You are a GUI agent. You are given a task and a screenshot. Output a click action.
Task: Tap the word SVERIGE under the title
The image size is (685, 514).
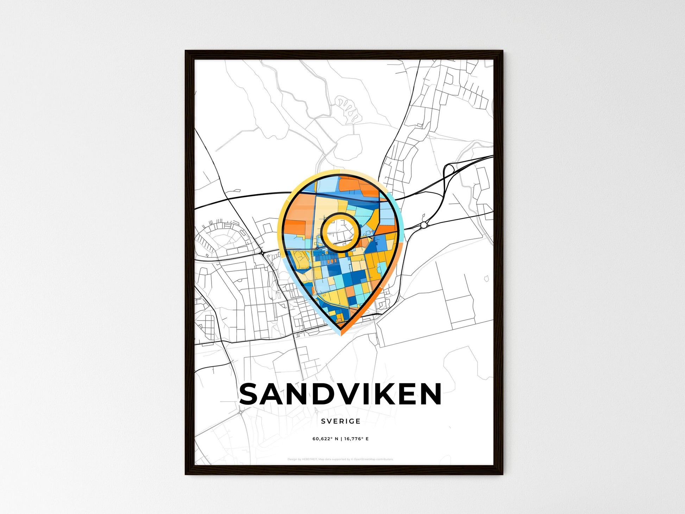tap(340, 421)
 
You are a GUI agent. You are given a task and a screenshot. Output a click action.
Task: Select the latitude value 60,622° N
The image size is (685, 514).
tap(325, 439)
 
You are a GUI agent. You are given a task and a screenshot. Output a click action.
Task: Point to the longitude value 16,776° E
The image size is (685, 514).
tap(356, 439)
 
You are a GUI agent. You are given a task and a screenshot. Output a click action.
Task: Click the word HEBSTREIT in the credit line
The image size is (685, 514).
tap(310, 459)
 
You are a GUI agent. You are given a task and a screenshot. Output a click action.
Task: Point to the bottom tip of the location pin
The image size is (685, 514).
tap(340, 334)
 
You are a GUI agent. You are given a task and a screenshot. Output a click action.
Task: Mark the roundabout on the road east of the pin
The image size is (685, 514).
tap(424, 224)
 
